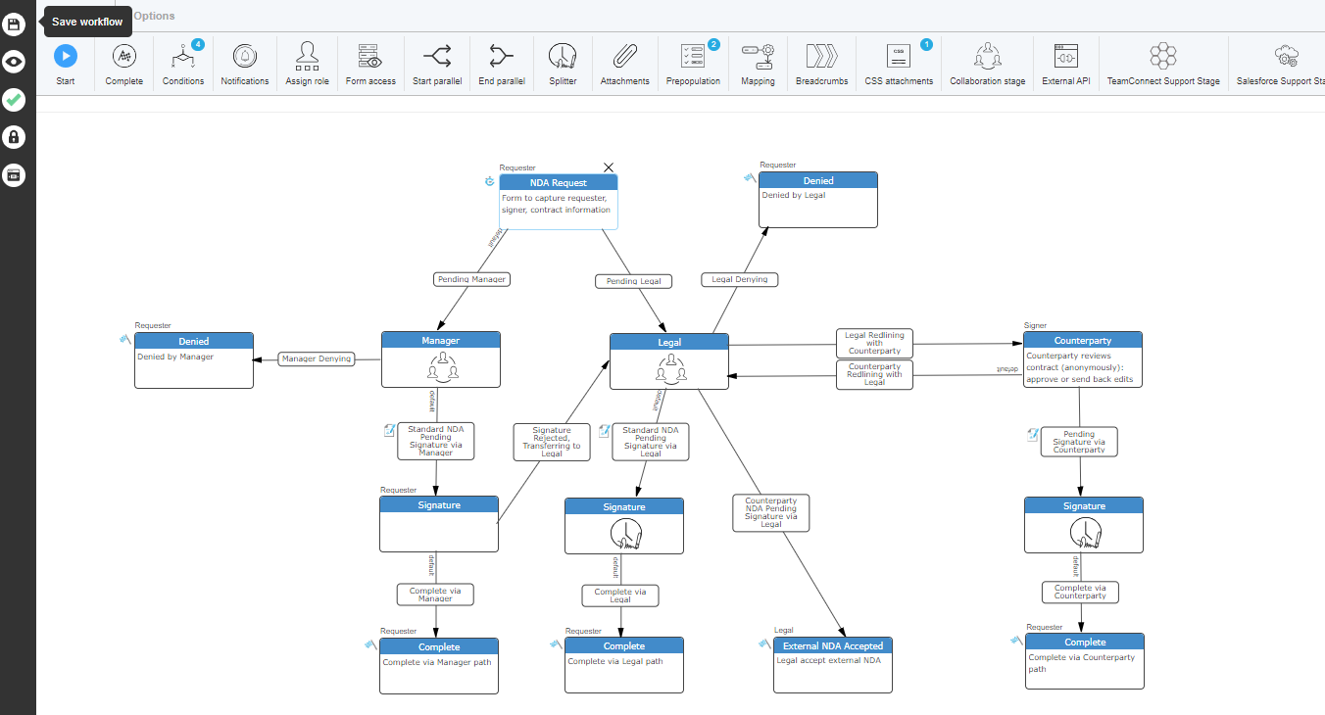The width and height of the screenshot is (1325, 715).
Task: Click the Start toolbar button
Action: coord(66,56)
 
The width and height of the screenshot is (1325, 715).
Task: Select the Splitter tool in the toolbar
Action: coord(563,56)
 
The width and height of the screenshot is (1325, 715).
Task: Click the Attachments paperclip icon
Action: coord(624,56)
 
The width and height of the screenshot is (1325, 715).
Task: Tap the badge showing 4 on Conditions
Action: coord(198,44)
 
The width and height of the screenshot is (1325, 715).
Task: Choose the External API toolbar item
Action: coord(1065,56)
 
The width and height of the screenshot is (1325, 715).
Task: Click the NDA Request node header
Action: coord(559,182)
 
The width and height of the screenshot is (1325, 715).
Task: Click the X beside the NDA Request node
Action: coord(609,168)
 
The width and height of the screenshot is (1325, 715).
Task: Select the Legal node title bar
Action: coord(669,342)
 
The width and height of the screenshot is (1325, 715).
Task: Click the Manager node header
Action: coord(440,340)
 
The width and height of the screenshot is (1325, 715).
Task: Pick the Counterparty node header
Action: coord(1082,340)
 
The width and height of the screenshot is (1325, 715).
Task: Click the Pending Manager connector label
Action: coord(472,279)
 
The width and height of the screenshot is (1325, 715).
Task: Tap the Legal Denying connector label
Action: coord(740,279)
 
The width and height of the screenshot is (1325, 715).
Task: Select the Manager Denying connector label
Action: coord(316,358)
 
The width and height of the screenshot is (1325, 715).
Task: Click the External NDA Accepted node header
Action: coord(832,645)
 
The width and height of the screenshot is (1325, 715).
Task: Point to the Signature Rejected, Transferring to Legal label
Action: coord(552,441)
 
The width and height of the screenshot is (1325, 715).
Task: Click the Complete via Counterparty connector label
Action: coord(1079,592)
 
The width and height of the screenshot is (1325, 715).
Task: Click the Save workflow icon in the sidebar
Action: coord(14,23)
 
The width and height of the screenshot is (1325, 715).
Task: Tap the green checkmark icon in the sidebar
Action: coord(14,100)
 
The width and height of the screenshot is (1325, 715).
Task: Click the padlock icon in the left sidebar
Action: coord(14,137)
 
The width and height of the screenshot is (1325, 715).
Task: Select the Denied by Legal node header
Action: coord(818,180)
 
